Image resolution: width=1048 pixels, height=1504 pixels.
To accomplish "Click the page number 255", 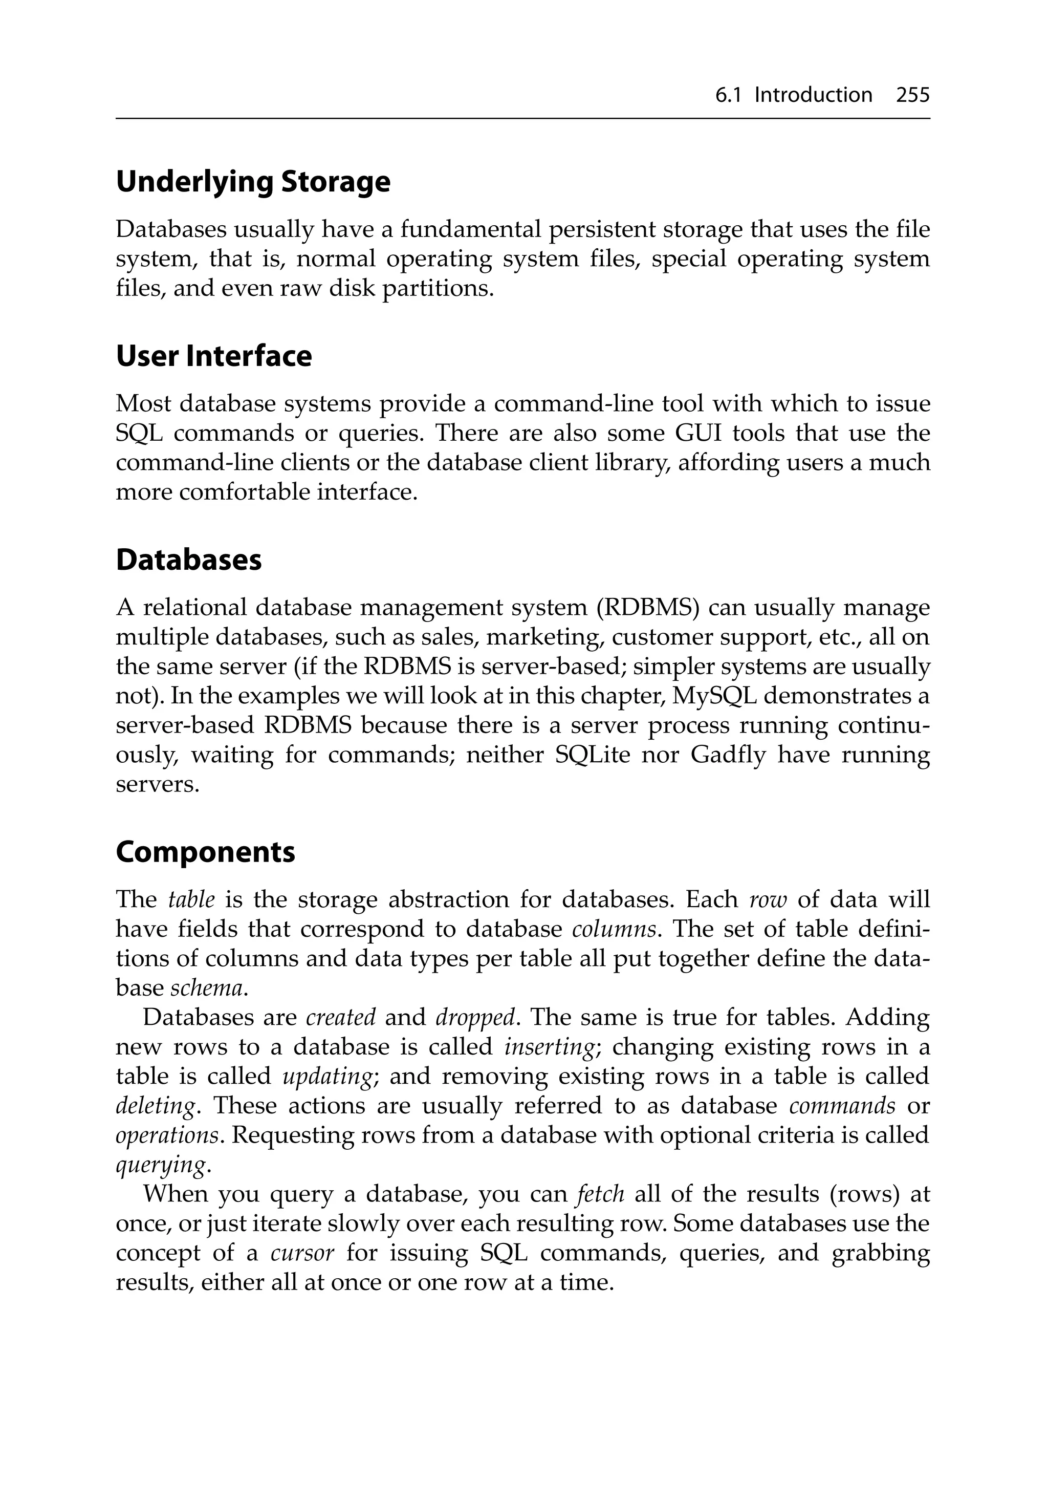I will pyautogui.click(x=912, y=96).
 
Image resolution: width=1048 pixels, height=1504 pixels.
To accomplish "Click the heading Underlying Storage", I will pyautogui.click(x=253, y=182).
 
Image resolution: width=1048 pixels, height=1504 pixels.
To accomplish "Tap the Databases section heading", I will pyautogui.click(x=189, y=561).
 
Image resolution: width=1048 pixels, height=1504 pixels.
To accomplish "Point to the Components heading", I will pyautogui.click(x=205, y=852).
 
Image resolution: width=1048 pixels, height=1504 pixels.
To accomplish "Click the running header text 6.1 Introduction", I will pyautogui.click(x=793, y=96).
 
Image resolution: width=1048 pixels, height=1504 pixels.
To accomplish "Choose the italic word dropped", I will pyautogui.click(x=475, y=1017).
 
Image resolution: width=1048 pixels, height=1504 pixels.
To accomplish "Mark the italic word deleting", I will pyautogui.click(x=155, y=1106).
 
